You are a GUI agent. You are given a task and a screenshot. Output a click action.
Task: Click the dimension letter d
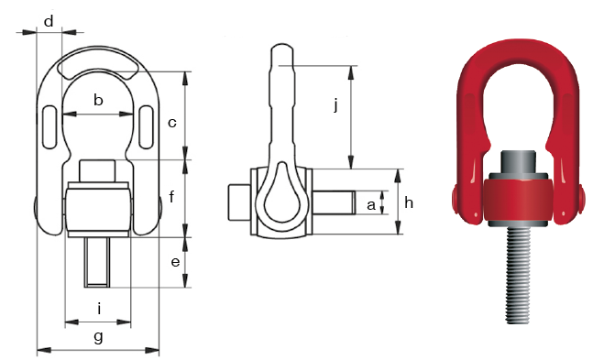tap(49, 22)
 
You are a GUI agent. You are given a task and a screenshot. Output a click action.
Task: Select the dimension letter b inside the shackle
tap(98, 100)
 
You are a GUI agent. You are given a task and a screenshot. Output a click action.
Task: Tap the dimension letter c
tap(171, 123)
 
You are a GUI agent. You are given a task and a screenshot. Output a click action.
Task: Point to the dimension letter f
tap(171, 197)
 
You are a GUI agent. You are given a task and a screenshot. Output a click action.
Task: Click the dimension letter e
tap(175, 262)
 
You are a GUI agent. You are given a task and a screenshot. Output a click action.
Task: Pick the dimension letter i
tap(99, 309)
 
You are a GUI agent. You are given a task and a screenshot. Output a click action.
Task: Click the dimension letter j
tap(335, 104)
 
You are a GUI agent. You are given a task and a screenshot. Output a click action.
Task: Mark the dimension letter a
tap(371, 205)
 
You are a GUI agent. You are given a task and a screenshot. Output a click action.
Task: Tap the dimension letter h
tap(409, 202)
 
